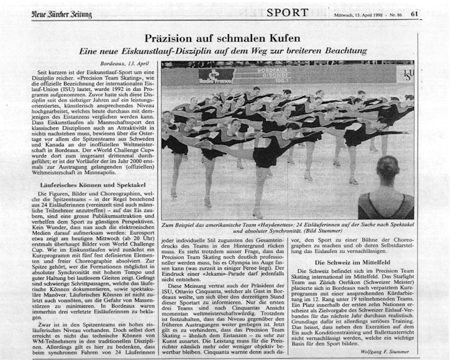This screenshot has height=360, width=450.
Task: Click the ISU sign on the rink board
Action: tap(407, 75)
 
